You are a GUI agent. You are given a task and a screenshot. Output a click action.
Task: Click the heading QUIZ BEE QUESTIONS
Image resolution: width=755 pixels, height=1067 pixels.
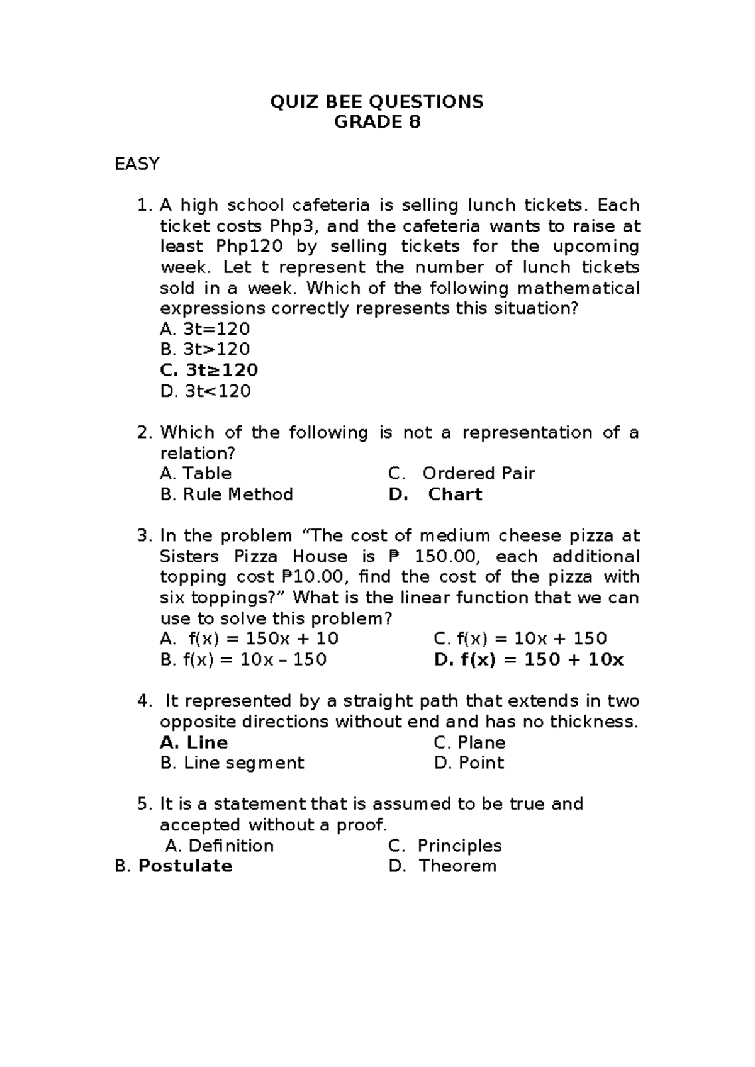point(377,101)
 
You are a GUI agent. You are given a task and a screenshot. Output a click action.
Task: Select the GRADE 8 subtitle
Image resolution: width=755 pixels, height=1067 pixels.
point(377,122)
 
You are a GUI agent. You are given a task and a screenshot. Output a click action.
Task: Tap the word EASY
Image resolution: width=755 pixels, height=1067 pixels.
point(137,164)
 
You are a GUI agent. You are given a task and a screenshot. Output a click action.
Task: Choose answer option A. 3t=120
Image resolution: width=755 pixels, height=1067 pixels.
point(205,329)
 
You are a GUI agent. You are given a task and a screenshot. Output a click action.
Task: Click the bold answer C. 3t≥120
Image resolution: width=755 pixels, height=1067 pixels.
point(209,370)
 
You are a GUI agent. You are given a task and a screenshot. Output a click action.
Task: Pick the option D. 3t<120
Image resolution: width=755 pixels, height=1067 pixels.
point(205,391)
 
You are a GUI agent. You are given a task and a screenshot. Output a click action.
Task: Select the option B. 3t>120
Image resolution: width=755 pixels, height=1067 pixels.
point(205,349)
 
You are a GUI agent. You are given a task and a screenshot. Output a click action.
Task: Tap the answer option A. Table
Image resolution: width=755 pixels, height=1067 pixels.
point(196,473)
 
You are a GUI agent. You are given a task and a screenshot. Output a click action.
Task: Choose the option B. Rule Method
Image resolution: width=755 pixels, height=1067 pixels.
point(226,494)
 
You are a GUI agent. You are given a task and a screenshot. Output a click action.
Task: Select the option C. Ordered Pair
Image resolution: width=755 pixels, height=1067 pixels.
point(462,473)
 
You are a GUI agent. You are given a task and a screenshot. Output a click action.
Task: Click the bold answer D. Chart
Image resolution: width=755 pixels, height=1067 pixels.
point(435,494)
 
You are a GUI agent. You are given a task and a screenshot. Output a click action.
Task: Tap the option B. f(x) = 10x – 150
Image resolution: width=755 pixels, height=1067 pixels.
point(243,659)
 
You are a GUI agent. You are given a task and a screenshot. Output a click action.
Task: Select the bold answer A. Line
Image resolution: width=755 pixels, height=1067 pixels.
point(194,742)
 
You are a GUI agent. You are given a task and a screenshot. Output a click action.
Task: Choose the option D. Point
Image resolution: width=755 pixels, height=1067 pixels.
point(469,763)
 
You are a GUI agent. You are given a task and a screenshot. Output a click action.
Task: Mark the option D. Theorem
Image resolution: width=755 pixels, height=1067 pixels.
point(442,866)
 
